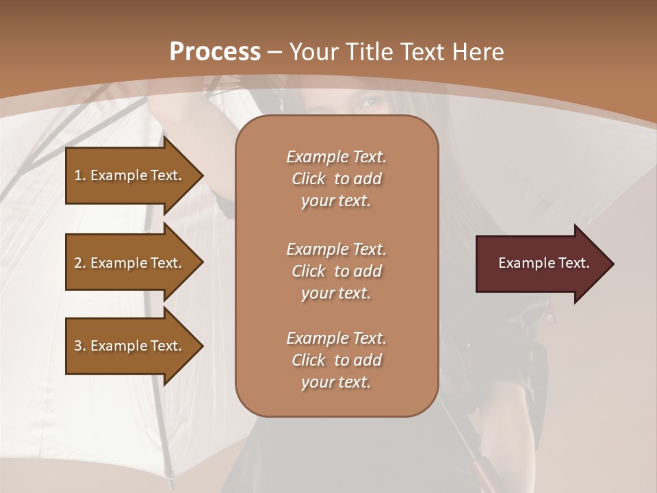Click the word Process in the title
tap(215, 52)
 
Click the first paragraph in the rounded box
tap(336, 179)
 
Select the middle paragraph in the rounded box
tap(336, 271)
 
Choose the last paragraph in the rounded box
tap(336, 360)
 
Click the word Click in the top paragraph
tap(309, 179)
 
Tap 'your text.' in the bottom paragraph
tap(336, 382)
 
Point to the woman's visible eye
tap(370, 103)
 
